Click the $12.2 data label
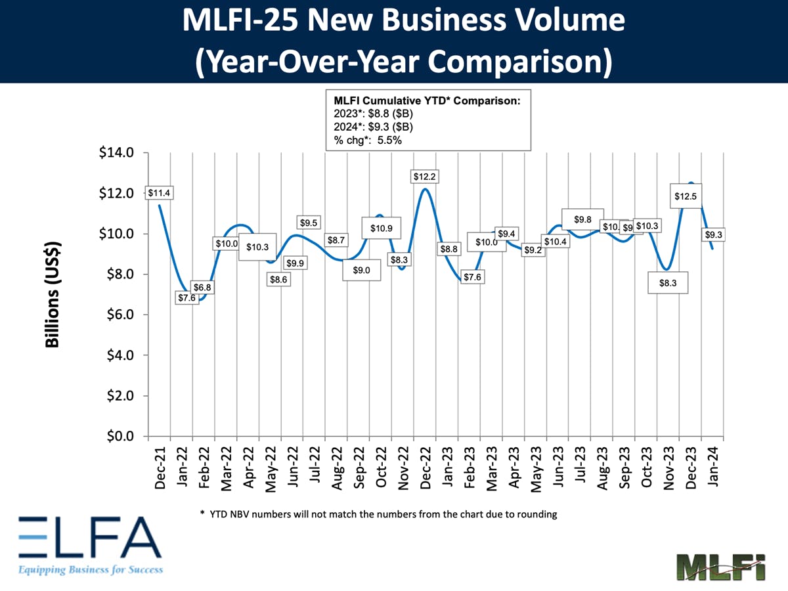pyautogui.click(x=424, y=177)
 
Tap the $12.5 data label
pyautogui.click(x=687, y=196)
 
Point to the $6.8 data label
pyautogui.click(x=202, y=287)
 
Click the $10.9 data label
pyautogui.click(x=382, y=229)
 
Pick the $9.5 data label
pyautogui.click(x=309, y=222)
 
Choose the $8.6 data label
pyautogui.click(x=278, y=280)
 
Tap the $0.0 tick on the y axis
pyautogui.click(x=118, y=437)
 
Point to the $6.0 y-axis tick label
pyautogui.click(x=118, y=315)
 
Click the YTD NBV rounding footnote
pyautogui.click(x=378, y=514)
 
